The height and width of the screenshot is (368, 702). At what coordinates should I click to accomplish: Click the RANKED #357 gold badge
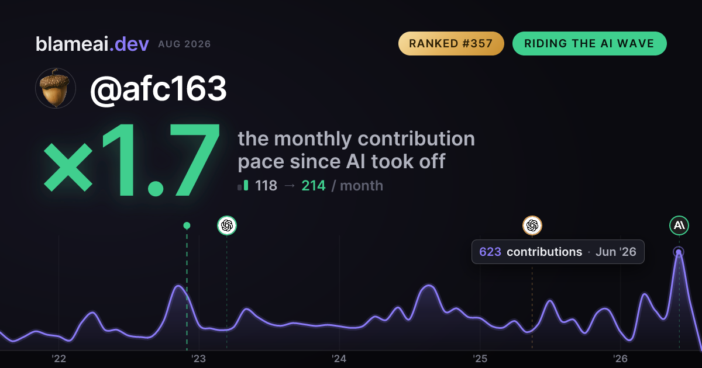click(x=451, y=43)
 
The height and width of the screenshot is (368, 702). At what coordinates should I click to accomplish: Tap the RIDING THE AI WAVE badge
click(x=590, y=43)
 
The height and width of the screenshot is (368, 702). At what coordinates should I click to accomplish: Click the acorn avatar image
click(x=56, y=88)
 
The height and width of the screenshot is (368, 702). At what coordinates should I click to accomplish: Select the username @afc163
click(x=159, y=89)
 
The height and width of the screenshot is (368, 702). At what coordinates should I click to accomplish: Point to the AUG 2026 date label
click(x=184, y=44)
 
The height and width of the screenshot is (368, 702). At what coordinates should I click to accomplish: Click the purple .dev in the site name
click(x=129, y=44)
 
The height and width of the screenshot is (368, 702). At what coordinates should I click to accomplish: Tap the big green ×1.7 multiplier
click(x=131, y=160)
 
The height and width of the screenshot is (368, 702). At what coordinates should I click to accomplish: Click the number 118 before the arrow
click(x=266, y=186)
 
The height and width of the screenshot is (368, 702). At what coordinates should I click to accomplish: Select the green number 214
click(x=314, y=186)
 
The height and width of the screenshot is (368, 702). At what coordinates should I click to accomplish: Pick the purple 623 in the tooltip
click(x=490, y=252)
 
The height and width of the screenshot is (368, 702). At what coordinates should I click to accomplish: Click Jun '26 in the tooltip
click(x=616, y=252)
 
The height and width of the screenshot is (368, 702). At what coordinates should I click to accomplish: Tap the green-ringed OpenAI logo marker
click(x=227, y=225)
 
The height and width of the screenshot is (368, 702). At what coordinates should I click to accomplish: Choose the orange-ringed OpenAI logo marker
click(x=532, y=225)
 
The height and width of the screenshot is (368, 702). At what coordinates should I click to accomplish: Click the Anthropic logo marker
click(x=679, y=225)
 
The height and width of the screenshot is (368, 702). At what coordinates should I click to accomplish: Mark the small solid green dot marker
click(x=187, y=225)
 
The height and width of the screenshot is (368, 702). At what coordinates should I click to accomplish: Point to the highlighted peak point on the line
click(x=679, y=252)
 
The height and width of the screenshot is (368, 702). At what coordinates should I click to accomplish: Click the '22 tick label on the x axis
click(x=58, y=359)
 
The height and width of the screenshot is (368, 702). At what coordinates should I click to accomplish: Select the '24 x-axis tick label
click(x=339, y=359)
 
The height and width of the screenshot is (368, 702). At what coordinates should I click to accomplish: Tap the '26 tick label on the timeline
click(x=620, y=359)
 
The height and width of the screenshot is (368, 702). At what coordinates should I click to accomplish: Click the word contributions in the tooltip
click(x=545, y=252)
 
